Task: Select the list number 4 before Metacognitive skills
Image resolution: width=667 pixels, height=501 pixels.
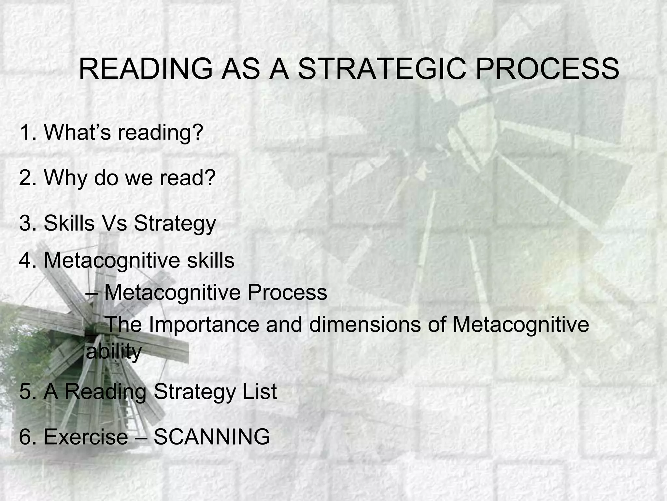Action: [x=26, y=260]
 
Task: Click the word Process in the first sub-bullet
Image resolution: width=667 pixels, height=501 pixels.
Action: [x=287, y=292]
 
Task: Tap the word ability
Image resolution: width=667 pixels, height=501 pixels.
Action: [x=114, y=352]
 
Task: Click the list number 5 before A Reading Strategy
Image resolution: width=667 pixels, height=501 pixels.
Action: [x=26, y=391]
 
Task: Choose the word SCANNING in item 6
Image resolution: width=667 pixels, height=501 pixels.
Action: [x=212, y=437]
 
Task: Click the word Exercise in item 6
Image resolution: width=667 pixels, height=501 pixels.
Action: [x=86, y=437]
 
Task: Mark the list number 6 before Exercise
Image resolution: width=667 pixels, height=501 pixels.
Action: [x=26, y=437]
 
